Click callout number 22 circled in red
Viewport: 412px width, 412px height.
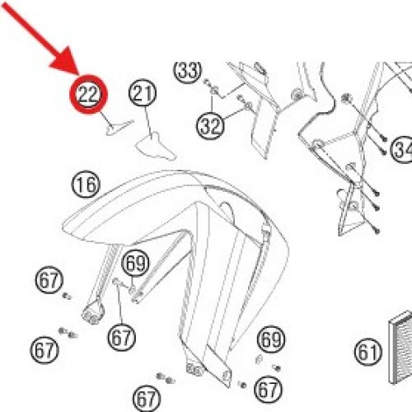point(88,95)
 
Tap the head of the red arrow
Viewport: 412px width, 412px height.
point(65,63)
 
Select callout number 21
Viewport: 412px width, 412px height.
point(143,93)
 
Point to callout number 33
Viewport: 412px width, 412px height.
point(187,70)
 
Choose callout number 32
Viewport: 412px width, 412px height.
point(210,125)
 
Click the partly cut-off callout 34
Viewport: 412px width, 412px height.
point(402,150)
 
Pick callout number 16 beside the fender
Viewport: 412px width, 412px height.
point(86,184)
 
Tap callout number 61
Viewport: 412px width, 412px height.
point(368,352)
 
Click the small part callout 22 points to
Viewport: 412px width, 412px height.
point(118,128)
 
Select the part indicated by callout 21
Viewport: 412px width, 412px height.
point(155,147)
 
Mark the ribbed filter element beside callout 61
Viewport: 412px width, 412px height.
point(400,347)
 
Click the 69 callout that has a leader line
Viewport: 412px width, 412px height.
point(135,263)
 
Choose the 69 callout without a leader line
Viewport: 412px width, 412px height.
point(271,339)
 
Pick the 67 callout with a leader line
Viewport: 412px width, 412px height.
point(122,337)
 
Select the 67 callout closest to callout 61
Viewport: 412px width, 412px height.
point(269,389)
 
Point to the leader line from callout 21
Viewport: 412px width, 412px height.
point(148,120)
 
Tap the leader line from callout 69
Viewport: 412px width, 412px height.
point(132,282)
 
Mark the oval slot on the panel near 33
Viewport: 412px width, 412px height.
point(260,68)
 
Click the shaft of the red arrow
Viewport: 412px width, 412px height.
point(28,29)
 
